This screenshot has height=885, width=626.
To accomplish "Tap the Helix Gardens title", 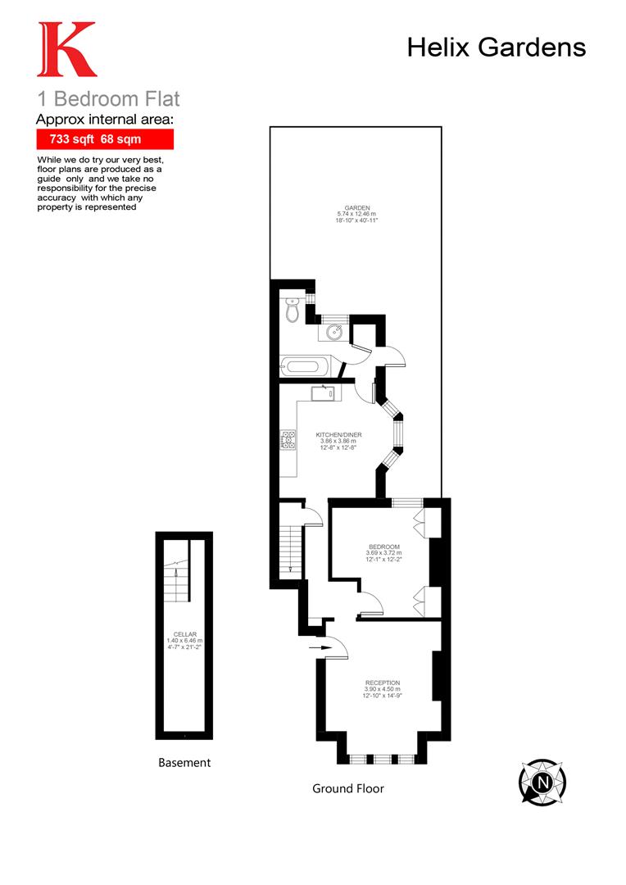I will (x=497, y=48).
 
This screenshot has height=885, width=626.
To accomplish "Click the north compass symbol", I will (x=542, y=783).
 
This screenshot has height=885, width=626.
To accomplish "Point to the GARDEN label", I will (x=357, y=208).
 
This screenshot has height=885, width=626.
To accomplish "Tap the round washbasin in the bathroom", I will (x=333, y=333).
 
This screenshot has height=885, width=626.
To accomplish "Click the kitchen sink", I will (x=327, y=394).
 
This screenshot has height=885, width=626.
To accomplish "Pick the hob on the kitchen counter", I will (x=288, y=441).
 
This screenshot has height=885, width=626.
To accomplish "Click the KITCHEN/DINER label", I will (x=339, y=435).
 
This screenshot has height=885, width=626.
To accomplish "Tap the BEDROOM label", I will (x=383, y=547).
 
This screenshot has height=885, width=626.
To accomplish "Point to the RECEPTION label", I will (x=383, y=683).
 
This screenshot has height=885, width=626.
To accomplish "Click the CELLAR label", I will (x=184, y=634).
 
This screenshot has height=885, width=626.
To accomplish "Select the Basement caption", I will (x=184, y=763).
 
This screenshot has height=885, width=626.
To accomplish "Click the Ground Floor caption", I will (x=348, y=789).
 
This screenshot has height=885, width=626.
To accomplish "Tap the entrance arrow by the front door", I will (x=319, y=647).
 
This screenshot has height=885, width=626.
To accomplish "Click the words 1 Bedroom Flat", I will (x=109, y=100).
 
